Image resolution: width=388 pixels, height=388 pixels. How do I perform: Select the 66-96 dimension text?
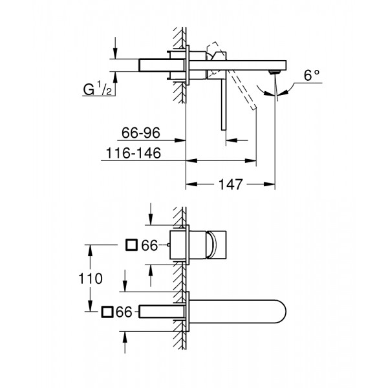pyautogui.click(x=140, y=135)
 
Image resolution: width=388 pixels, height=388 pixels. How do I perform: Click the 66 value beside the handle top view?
pyautogui.click(x=150, y=245)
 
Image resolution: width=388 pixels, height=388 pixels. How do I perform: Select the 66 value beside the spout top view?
pyautogui.click(x=125, y=312)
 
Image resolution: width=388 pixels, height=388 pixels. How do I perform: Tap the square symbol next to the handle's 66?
pyautogui.click(x=131, y=245)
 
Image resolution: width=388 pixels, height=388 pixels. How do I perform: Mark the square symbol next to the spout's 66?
pyautogui.click(x=107, y=312)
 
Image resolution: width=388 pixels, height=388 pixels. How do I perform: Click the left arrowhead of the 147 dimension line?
pyautogui.click(x=189, y=185)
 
